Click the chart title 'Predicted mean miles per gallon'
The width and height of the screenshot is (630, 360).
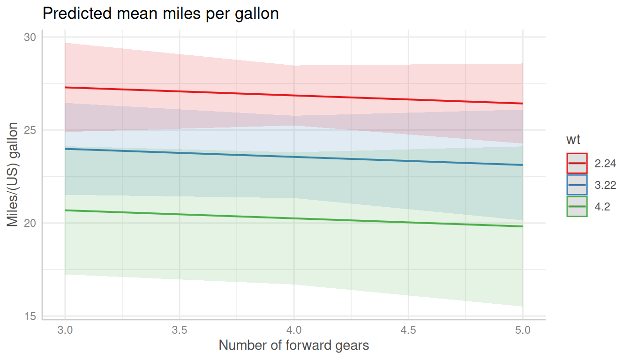click(x=160, y=14)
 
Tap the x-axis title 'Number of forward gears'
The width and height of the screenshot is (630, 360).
click(x=294, y=346)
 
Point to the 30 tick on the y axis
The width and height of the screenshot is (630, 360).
click(x=30, y=37)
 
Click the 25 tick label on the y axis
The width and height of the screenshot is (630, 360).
click(x=30, y=130)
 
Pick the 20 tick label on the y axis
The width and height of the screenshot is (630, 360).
click(x=30, y=223)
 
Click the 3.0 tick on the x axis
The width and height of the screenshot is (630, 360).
click(x=65, y=330)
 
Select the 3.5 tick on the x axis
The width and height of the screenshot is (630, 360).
click(x=180, y=330)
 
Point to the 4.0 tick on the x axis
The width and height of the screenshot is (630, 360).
click(x=294, y=330)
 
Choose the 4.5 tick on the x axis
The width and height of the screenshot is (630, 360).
click(x=408, y=330)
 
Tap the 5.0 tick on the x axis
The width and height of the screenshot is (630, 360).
click(x=523, y=330)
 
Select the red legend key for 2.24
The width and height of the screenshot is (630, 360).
click(x=577, y=163)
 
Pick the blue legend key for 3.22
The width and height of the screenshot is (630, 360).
click(x=577, y=185)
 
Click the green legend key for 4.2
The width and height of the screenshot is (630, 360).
click(x=577, y=207)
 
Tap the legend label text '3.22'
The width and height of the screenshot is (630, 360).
click(x=605, y=186)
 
